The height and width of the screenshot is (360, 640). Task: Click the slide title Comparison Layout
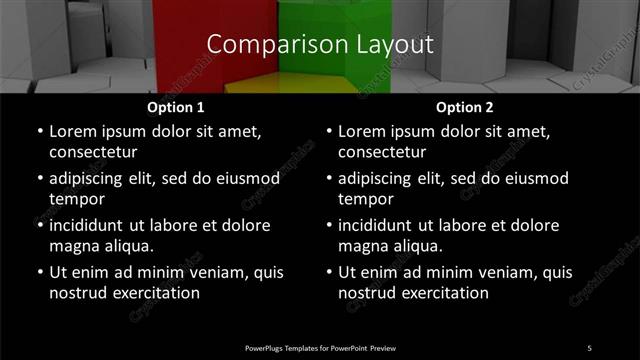click(320, 44)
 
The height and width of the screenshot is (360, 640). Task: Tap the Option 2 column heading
click(465, 107)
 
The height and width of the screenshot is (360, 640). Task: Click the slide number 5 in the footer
click(589, 347)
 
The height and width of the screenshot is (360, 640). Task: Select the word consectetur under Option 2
click(383, 152)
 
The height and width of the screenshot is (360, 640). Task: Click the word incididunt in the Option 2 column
click(383, 225)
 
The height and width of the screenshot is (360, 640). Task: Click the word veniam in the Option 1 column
click(219, 272)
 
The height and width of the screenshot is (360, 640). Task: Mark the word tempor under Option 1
click(76, 199)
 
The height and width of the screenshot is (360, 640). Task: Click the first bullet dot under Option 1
click(39, 131)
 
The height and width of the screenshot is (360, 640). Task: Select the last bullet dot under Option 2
click(329, 272)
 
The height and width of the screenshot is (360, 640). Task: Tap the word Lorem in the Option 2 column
click(363, 131)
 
